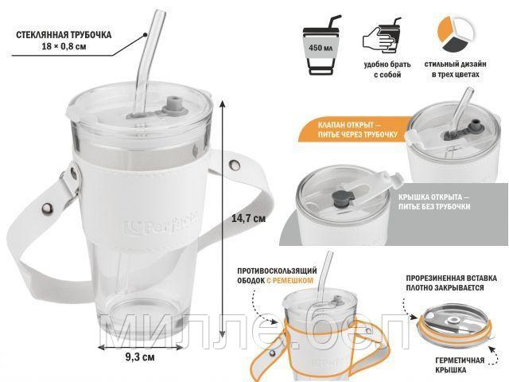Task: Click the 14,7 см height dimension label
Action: point(248,218)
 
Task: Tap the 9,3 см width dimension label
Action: point(140,357)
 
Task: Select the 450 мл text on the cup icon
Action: point(321,48)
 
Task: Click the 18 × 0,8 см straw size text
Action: point(64,46)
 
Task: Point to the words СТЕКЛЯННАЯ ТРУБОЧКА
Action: point(64,35)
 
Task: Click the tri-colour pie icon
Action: point(456,33)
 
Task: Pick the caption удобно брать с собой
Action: point(387,69)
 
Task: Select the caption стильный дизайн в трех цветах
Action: point(456,69)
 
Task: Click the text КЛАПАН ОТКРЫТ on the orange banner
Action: point(346,125)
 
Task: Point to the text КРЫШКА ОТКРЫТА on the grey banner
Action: point(430,197)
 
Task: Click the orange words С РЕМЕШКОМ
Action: point(289,280)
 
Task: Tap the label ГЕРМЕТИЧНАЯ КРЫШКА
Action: point(460,365)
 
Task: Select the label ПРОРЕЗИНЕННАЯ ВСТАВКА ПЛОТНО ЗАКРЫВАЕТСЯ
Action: point(451,283)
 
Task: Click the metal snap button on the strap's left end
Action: point(47,207)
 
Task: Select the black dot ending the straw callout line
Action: point(146,34)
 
